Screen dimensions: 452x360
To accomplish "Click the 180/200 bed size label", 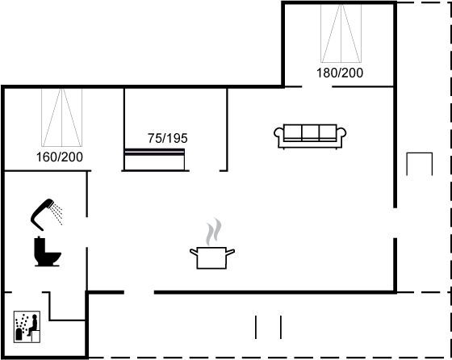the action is coord(340,73).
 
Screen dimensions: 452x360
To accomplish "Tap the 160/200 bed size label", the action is coord(60,157).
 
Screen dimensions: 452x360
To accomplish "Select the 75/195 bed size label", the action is coord(168,138).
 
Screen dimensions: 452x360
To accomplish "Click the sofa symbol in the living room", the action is coord(310,136).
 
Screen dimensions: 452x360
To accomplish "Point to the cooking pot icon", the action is coord(211,258).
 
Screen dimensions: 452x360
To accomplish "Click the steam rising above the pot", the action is coord(214,232).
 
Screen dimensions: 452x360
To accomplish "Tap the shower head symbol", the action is coord(42,214).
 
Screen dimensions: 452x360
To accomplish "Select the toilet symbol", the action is coord(48,251).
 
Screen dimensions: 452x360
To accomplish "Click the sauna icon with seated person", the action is coord(27,327).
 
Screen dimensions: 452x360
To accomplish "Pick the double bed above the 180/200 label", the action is coord(341,33).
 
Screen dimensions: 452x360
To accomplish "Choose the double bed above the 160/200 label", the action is coord(61,117).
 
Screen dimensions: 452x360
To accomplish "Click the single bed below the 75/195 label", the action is coord(154,159).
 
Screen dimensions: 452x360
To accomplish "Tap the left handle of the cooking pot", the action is coord(194,252).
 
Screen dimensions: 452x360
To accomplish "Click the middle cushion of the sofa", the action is coord(310,132).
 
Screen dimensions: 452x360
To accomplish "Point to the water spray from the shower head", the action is coord(57,214).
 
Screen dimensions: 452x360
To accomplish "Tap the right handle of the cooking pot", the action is coord(230,252).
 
